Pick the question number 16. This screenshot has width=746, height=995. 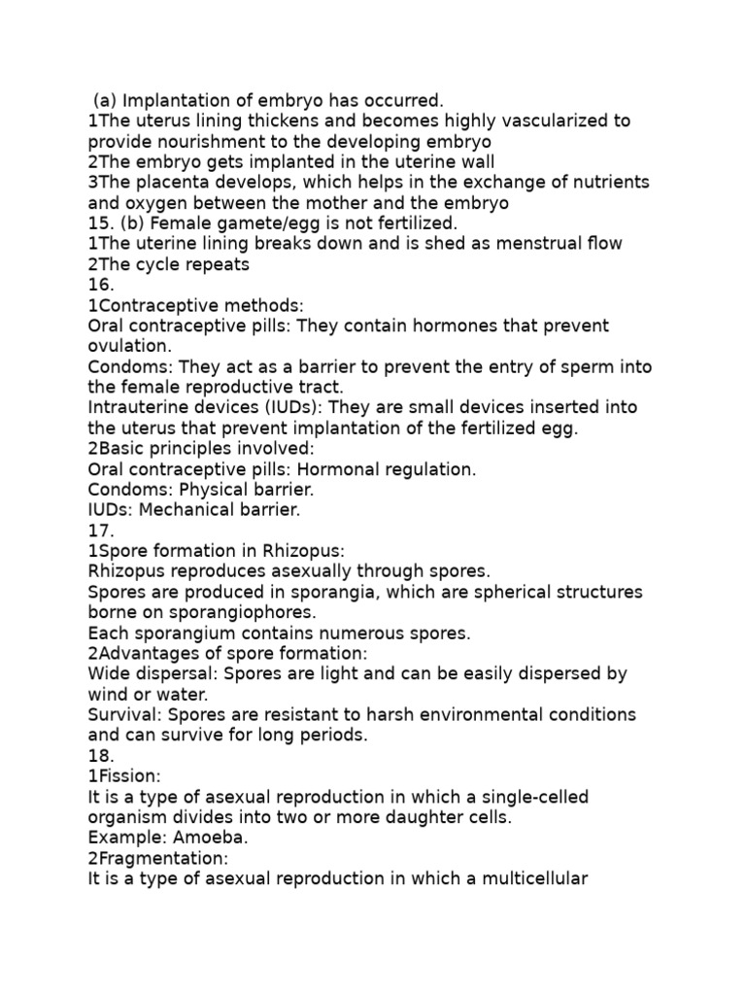100,285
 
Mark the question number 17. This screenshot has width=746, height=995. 100,531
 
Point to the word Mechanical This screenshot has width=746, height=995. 183,510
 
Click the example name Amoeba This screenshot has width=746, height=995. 193,838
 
